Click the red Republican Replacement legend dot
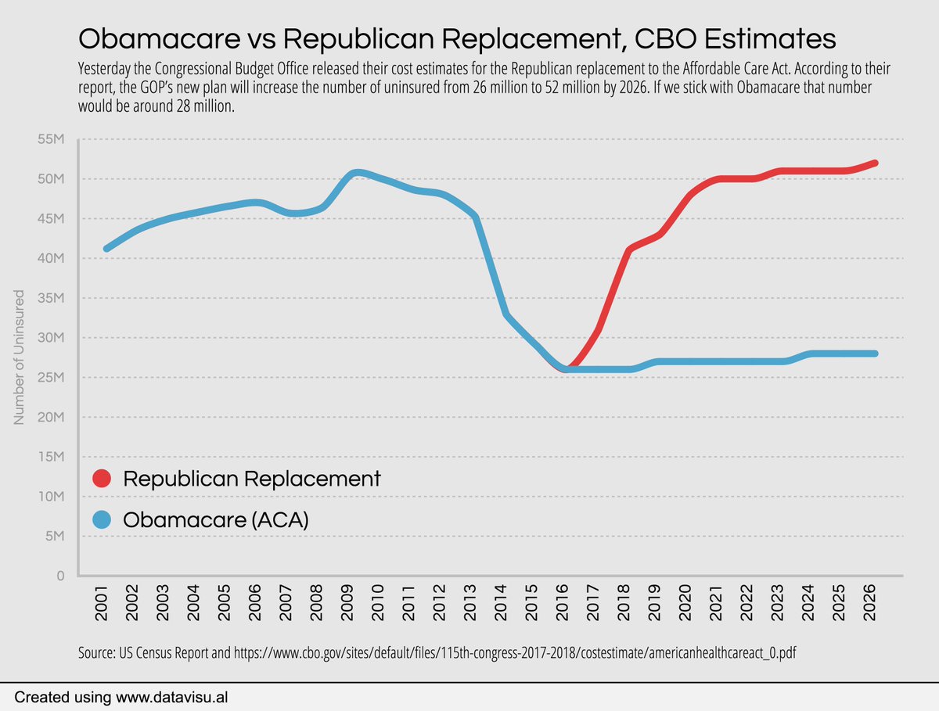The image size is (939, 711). [x=102, y=479]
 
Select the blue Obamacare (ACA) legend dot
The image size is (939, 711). [x=102, y=519]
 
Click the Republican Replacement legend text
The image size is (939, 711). [x=252, y=479]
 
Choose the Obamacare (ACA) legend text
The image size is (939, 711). [x=216, y=519]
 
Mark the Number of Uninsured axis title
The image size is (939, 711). [x=20, y=357]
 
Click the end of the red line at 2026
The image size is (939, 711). [x=875, y=163]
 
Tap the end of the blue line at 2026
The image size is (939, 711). [x=875, y=354]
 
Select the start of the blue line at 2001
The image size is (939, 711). [x=106, y=249]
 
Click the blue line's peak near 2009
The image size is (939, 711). [x=357, y=172]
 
